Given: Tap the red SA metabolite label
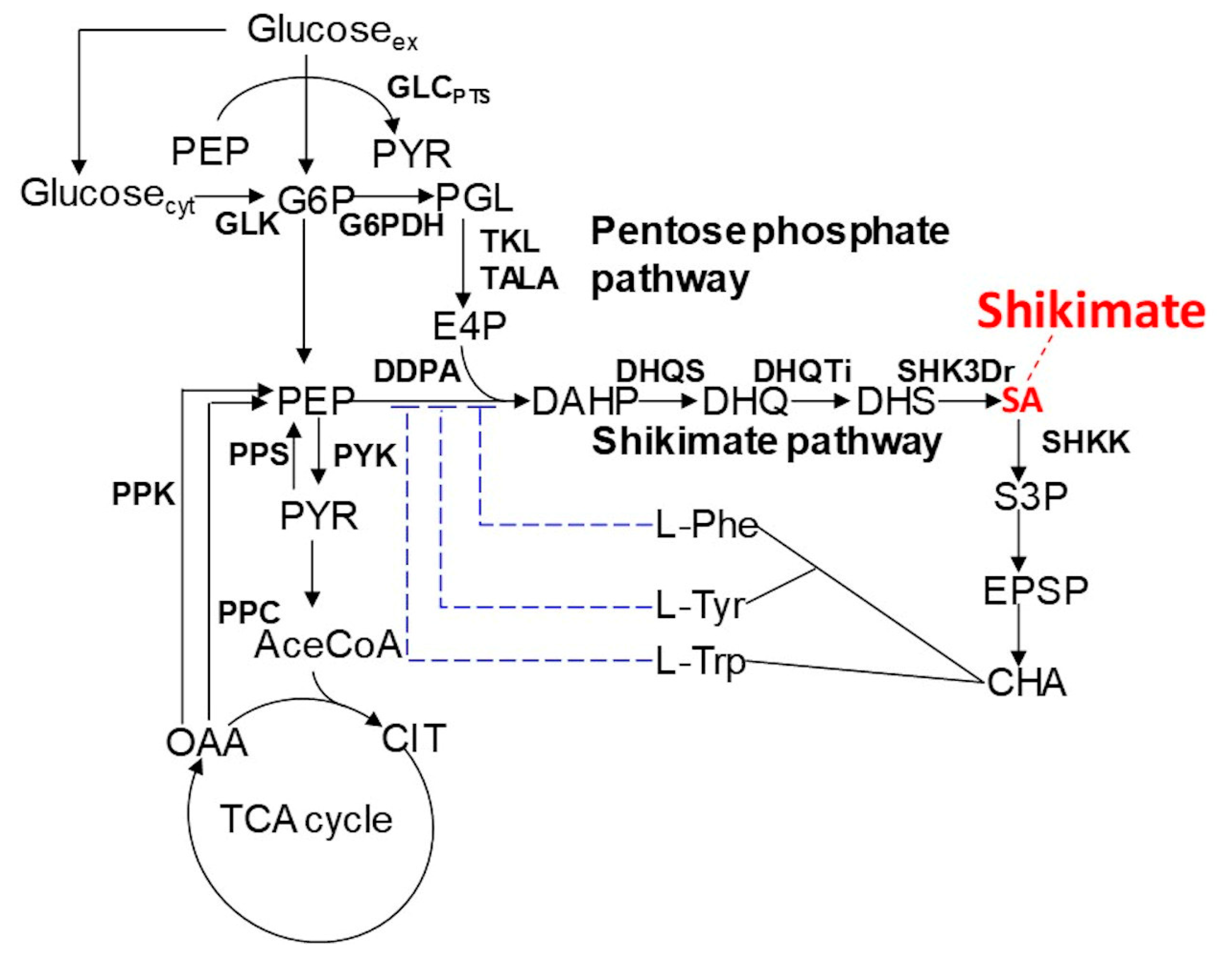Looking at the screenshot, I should pyautogui.click(x=1022, y=401).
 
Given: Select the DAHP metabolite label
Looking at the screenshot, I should pyautogui.click(x=585, y=401).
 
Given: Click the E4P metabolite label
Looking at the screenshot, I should pyautogui.click(x=469, y=326).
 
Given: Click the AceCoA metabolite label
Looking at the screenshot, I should pyautogui.click(x=328, y=645).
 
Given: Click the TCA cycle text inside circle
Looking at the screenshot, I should pyautogui.click(x=306, y=819).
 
